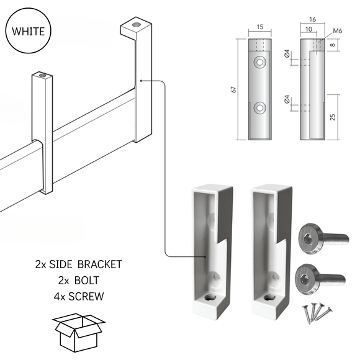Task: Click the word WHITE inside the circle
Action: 29,31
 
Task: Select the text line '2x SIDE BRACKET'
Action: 79,264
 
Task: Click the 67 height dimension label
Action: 234,89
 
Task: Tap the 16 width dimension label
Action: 312,20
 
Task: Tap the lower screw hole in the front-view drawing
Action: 259,106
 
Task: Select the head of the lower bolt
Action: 306,275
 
